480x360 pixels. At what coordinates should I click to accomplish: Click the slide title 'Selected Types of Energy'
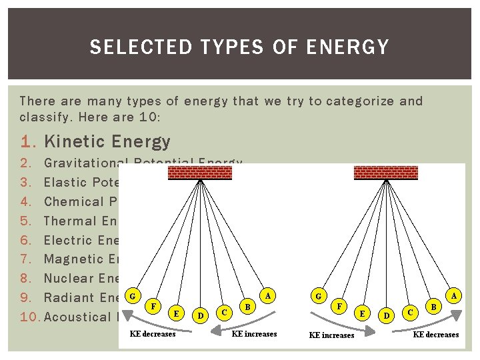(x=239, y=47)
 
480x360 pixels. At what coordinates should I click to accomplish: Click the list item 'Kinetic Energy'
(x=107, y=141)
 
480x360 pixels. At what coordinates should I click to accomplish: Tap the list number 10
(x=31, y=317)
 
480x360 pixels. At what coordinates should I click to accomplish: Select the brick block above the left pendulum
(x=200, y=173)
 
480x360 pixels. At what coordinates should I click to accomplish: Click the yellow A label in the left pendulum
(x=268, y=295)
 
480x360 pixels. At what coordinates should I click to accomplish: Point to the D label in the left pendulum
(x=200, y=313)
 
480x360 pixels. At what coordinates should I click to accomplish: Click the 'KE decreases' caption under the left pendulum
(x=153, y=334)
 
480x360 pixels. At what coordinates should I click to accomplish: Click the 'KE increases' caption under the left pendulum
(x=254, y=334)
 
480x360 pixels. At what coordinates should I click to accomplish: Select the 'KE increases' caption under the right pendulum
(x=331, y=335)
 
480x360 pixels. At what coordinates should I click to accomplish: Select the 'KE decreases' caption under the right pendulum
(x=436, y=335)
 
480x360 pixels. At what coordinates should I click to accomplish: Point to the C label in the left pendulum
(x=226, y=311)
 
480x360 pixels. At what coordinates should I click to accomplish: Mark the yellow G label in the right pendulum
(x=318, y=295)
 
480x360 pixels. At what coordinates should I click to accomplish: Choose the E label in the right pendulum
(x=362, y=312)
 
